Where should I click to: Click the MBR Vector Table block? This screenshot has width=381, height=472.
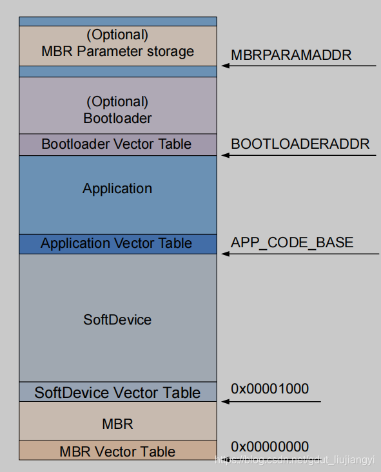click(x=117, y=451)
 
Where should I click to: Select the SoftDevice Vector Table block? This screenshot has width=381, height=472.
click(x=117, y=392)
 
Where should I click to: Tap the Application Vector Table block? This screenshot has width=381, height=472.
click(x=117, y=243)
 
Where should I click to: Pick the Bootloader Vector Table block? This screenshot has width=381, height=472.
click(x=117, y=144)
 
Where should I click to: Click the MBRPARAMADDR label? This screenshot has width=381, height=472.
click(x=291, y=55)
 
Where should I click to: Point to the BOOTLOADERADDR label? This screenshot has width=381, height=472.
click(x=300, y=143)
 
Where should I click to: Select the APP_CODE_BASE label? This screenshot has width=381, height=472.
click(x=292, y=243)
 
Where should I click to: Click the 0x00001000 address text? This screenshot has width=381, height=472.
click(x=269, y=388)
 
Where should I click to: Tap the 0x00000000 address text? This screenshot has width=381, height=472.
click(x=269, y=446)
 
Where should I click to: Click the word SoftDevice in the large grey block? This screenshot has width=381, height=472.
click(x=117, y=319)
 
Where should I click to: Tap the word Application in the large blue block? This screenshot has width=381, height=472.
click(x=117, y=189)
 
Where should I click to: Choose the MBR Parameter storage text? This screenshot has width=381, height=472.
click(x=117, y=52)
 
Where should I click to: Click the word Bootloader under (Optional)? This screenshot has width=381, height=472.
click(x=117, y=118)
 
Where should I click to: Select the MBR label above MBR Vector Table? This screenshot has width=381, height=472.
click(x=117, y=424)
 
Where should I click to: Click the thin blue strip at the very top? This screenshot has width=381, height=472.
click(x=117, y=21)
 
